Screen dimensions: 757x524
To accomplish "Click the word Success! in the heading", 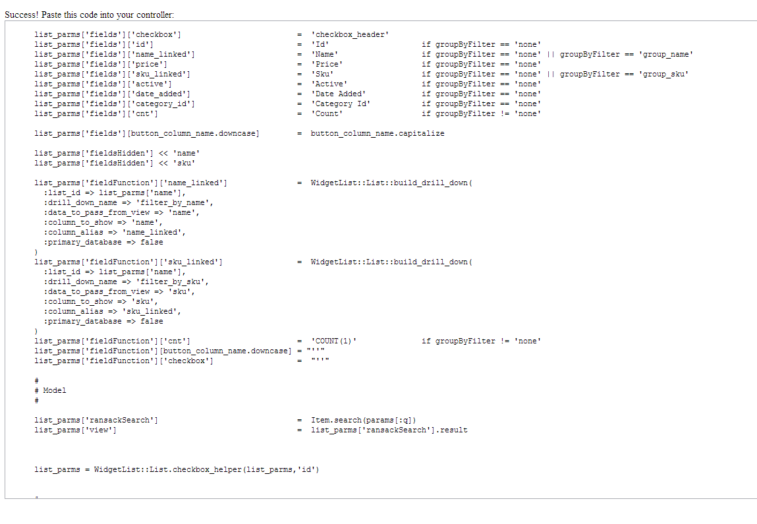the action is (20, 15).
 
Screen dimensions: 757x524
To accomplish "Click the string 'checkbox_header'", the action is (350, 34).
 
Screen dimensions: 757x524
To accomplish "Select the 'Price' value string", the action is (327, 64).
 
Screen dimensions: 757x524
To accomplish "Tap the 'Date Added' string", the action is (338, 94).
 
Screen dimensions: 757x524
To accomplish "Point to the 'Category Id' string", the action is (341, 103).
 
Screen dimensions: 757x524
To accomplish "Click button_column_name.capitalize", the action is (378, 133).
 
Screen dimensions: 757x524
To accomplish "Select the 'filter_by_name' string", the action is (174, 202).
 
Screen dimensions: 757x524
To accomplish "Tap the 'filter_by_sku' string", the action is (172, 281).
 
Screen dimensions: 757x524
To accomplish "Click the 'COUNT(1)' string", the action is (334, 341).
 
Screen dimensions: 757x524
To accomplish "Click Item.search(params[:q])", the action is (364, 420).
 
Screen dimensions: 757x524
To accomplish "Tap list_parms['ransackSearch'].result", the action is (389, 430).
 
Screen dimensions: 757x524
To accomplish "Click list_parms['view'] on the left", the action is (76, 430).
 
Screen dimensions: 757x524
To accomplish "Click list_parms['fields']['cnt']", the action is (96, 113).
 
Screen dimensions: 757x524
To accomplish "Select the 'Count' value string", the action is (327, 113).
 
